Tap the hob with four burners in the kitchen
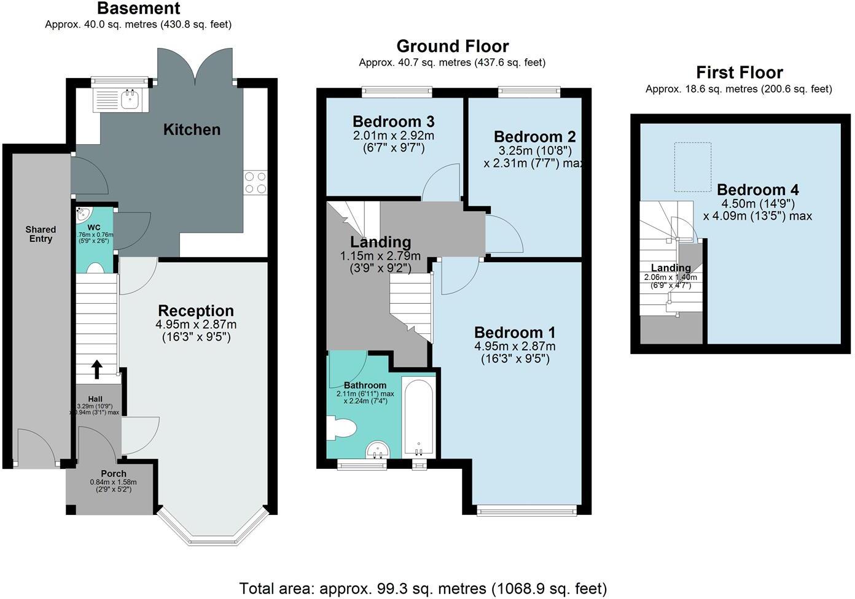click(x=256, y=183)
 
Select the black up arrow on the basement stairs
click(x=96, y=368)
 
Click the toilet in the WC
click(x=95, y=268)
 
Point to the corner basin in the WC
click(x=83, y=215)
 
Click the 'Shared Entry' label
click(x=41, y=234)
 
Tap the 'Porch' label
click(x=114, y=474)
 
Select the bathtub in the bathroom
click(x=419, y=417)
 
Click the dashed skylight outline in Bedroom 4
click(x=693, y=167)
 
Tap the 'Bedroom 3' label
click(x=393, y=120)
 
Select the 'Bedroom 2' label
click(x=534, y=136)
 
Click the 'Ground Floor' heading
click(x=453, y=46)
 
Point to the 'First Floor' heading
click(x=739, y=72)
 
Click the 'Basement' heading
click(x=139, y=9)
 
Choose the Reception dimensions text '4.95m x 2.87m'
click(x=197, y=324)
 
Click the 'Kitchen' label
click(x=192, y=129)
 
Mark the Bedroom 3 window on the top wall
click(x=397, y=92)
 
